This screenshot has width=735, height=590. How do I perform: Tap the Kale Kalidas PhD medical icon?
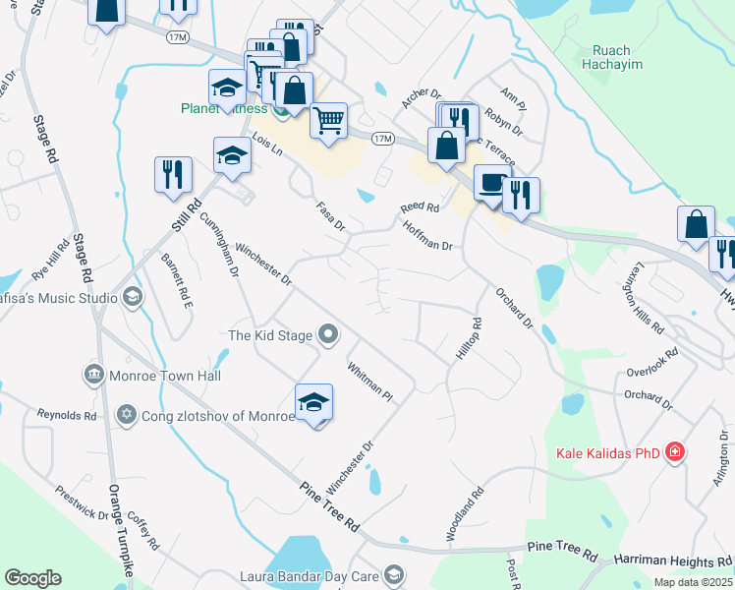675,453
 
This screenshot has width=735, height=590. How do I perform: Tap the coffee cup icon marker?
492,182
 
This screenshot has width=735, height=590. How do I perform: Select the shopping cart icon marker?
329,120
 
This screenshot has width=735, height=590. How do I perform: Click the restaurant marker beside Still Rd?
173,174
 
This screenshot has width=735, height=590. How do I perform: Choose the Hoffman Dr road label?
427,238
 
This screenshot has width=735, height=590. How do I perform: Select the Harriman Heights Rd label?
673,560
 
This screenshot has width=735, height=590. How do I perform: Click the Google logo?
32,578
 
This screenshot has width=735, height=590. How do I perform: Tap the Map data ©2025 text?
693,582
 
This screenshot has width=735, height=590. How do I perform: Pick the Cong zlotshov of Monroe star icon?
126,415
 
